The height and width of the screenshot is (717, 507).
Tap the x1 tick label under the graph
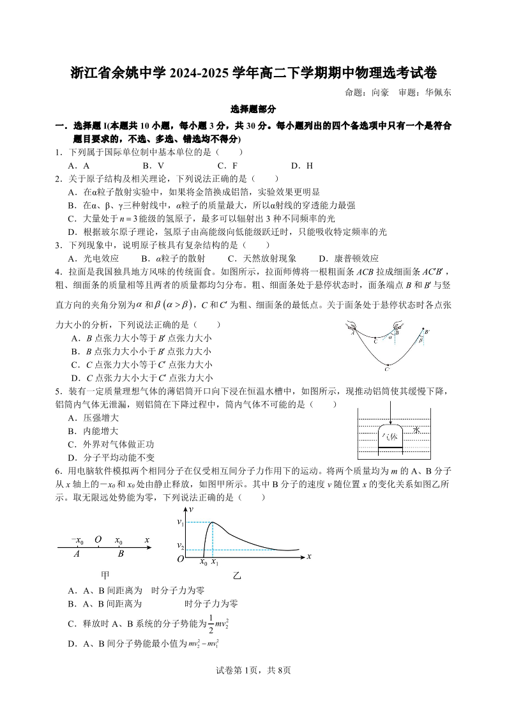click(x=215, y=563)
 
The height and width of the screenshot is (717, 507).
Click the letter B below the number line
click(x=120, y=554)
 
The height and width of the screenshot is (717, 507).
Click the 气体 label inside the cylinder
click(x=389, y=437)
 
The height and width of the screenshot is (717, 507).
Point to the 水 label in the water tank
click(x=416, y=431)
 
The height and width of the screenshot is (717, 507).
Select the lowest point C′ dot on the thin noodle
click(x=387, y=365)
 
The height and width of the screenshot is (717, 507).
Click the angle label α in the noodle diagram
click(x=390, y=337)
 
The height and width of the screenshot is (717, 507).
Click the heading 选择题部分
click(x=253, y=110)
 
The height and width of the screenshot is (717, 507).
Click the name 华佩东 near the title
click(x=438, y=93)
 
